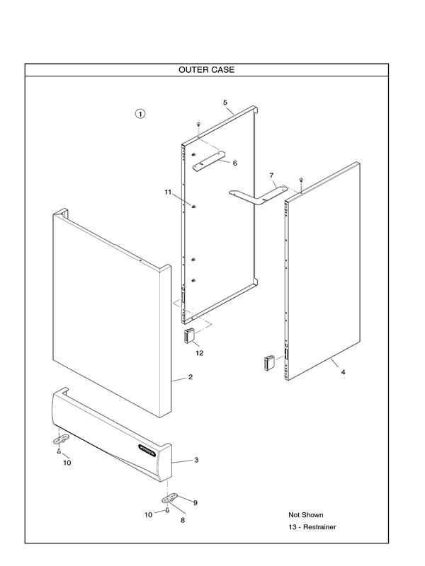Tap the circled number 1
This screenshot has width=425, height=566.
[140, 113]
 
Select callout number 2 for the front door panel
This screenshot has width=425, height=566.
[191, 377]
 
